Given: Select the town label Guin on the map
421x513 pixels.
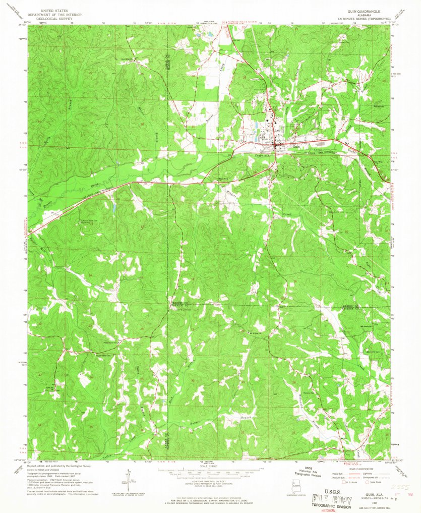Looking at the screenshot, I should coord(284,147).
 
